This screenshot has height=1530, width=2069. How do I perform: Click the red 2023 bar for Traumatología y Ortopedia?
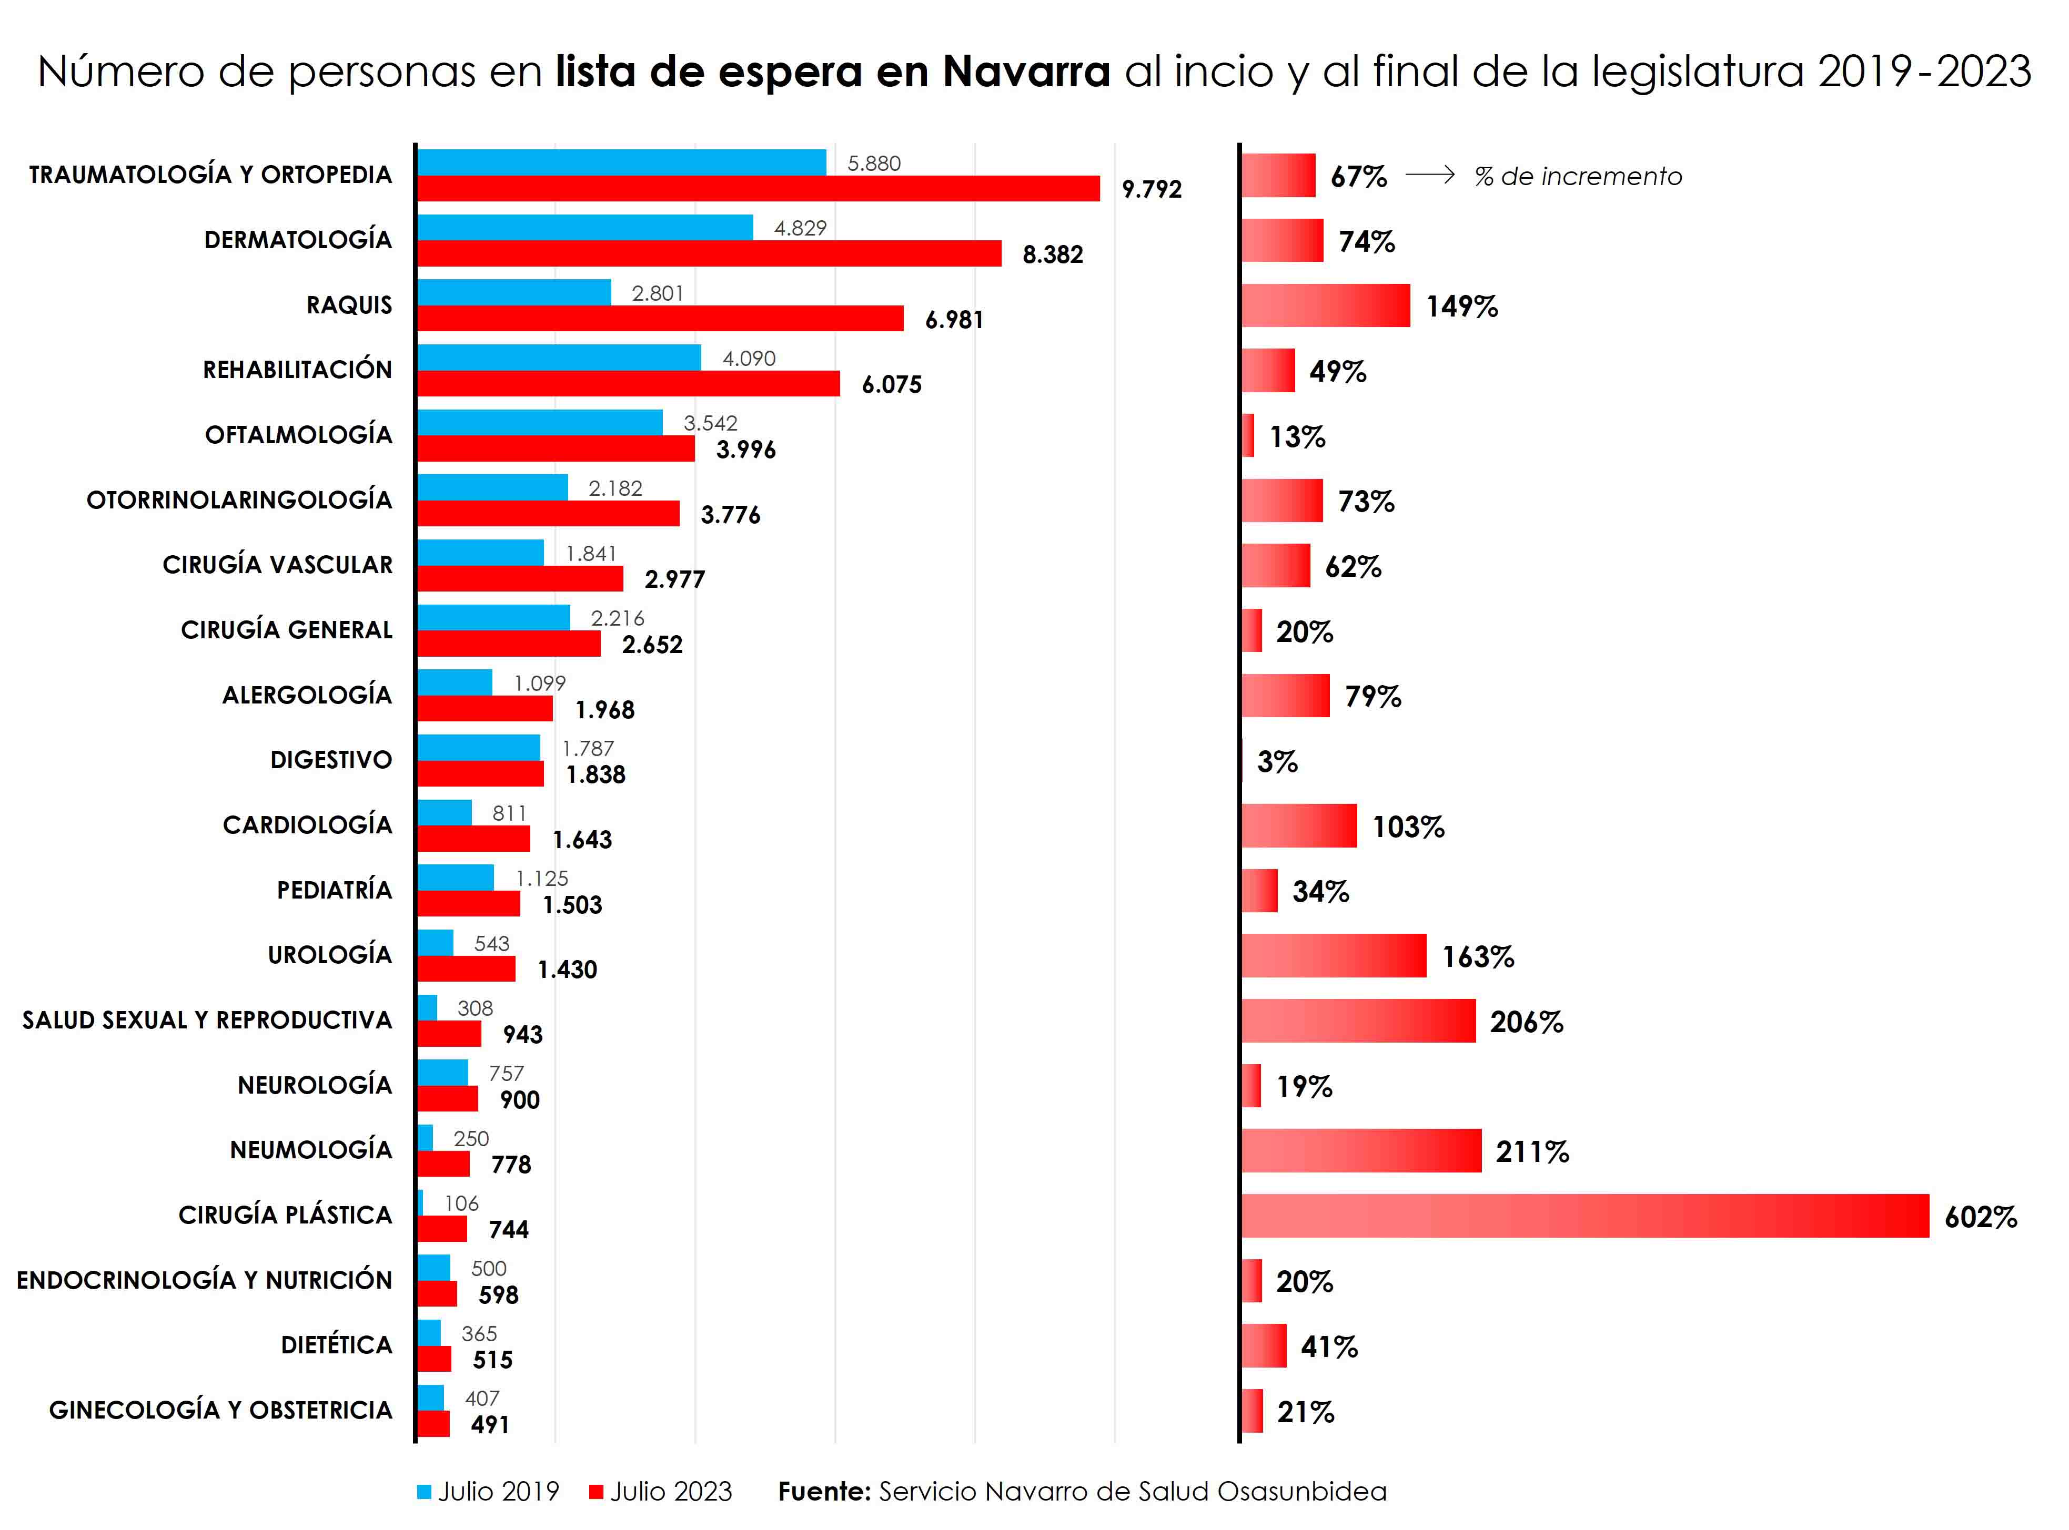point(758,189)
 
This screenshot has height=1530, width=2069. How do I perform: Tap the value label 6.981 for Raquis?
point(953,320)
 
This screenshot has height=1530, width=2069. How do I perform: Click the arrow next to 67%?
point(1430,175)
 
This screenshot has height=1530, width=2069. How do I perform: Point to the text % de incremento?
point(1578,177)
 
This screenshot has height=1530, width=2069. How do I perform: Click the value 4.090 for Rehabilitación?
point(749,359)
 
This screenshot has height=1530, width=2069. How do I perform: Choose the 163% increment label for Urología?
point(1477,957)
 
